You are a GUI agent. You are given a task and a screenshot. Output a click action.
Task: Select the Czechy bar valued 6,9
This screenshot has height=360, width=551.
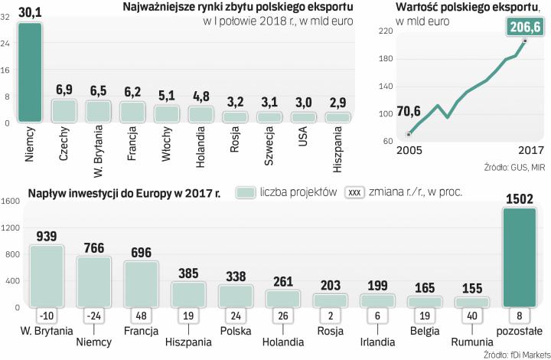tap(64, 111)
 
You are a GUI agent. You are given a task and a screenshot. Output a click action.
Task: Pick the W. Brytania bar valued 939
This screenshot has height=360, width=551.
tap(46, 277)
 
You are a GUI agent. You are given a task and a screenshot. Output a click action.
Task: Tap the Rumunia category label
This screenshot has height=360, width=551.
tap(471, 342)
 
